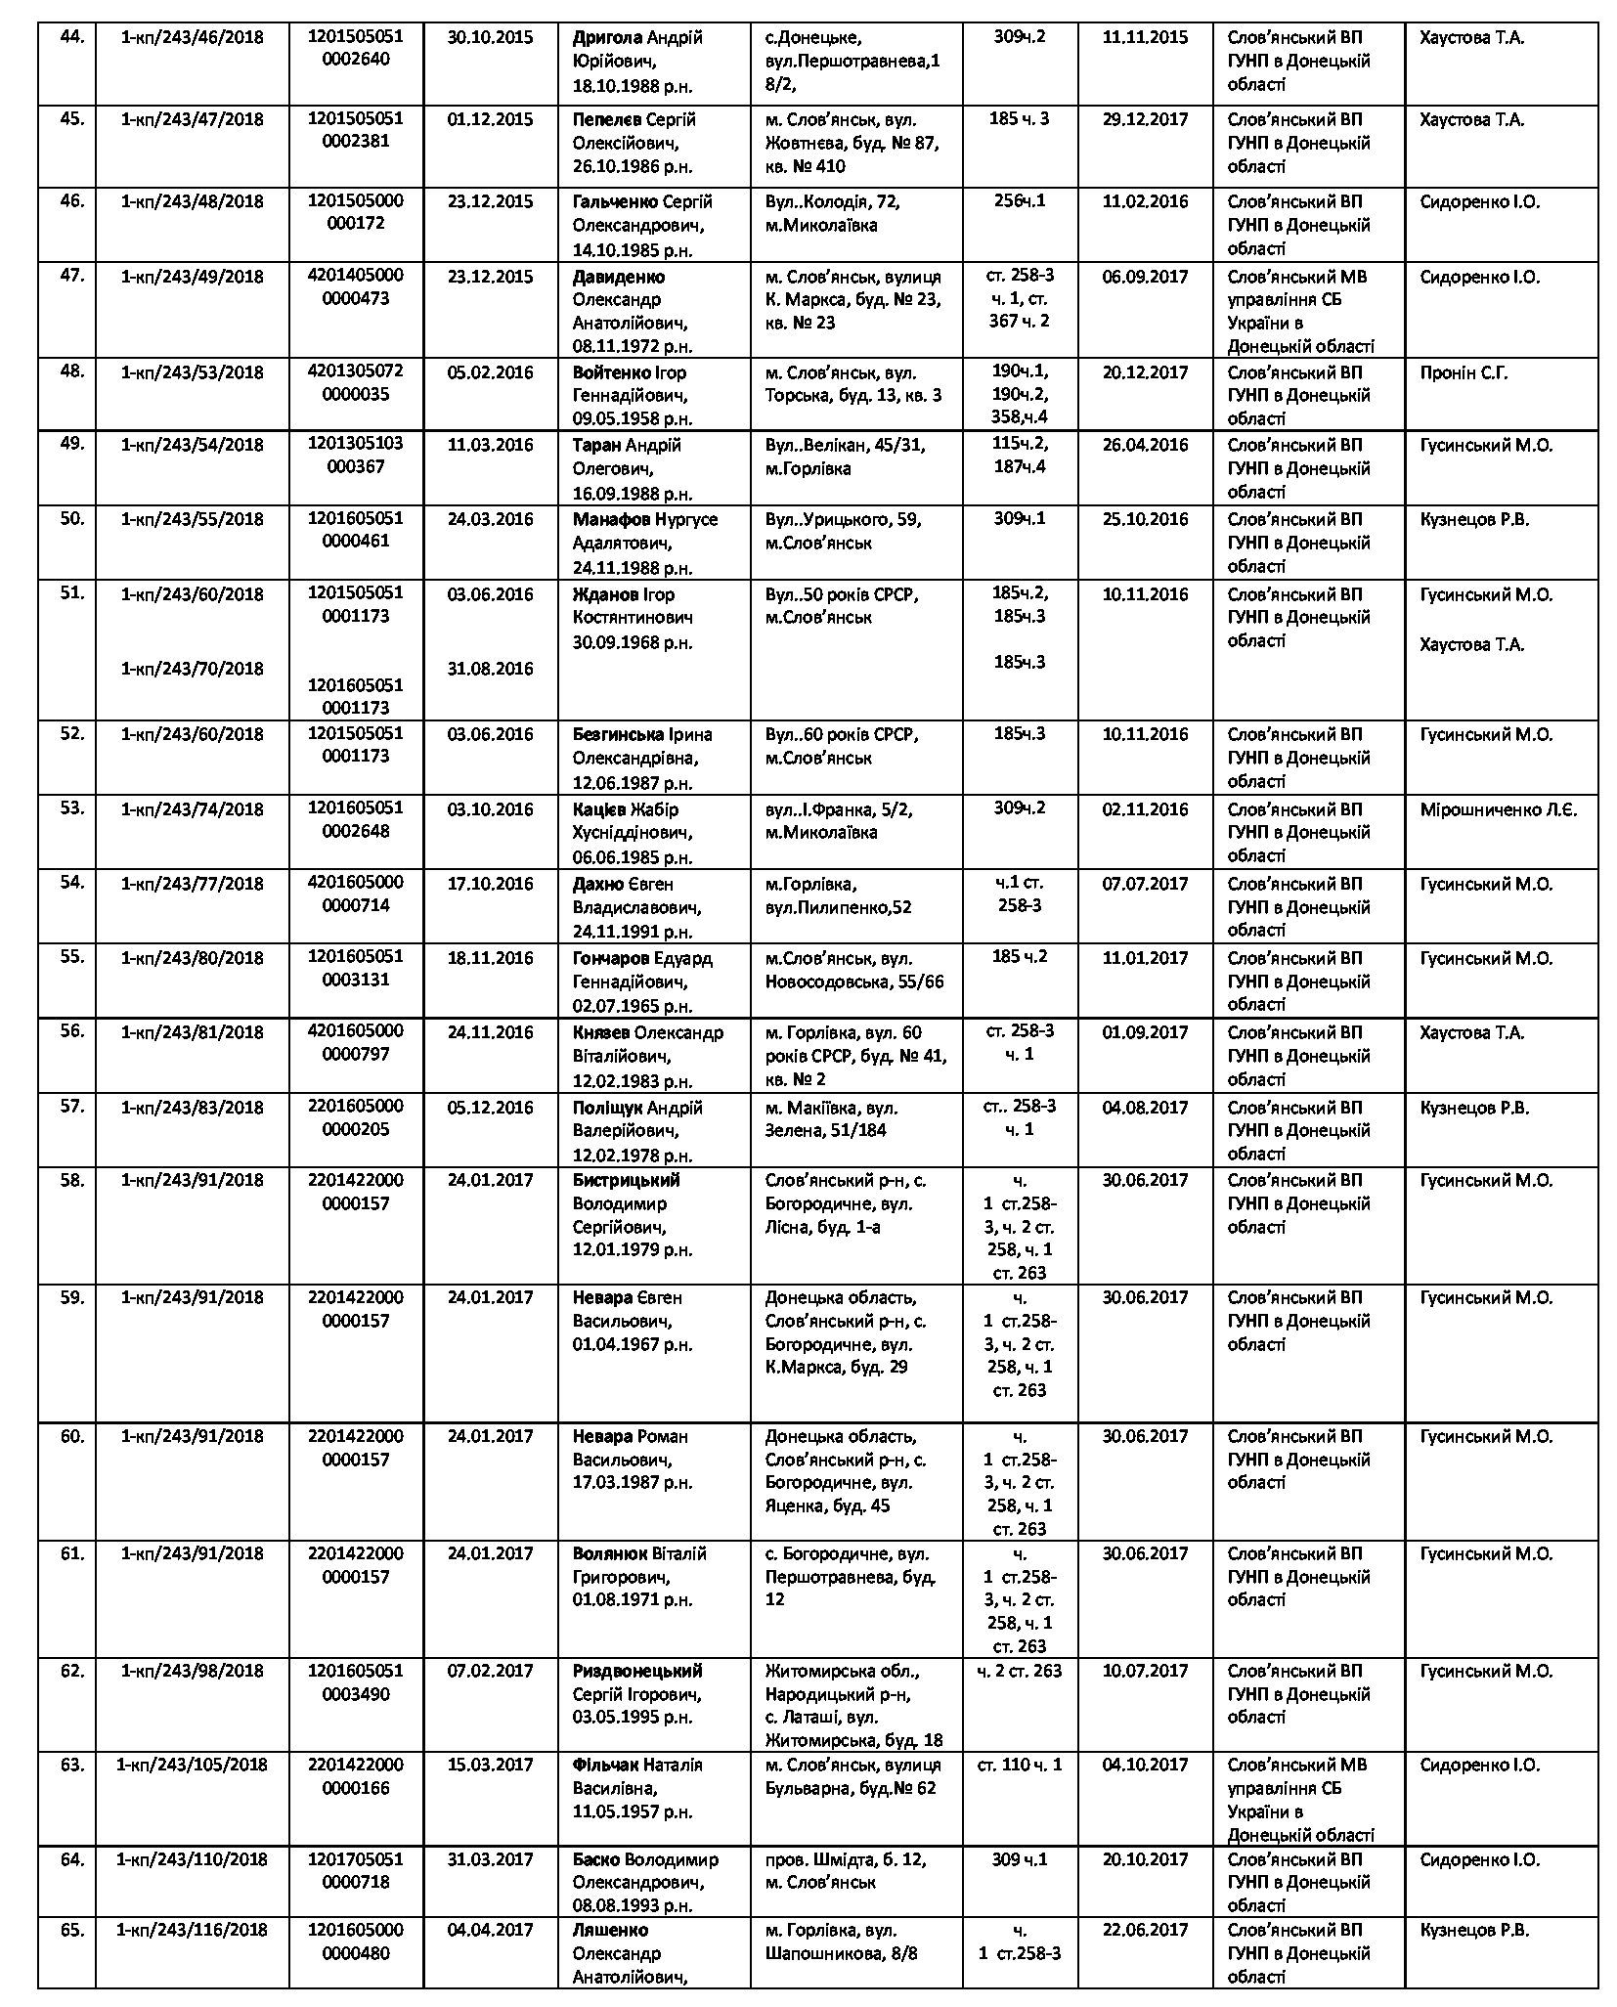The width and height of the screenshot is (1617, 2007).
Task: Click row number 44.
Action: tap(72, 37)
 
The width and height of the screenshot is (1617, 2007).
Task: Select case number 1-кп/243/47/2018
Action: tap(192, 119)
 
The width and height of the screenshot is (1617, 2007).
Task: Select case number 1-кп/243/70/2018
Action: tap(192, 669)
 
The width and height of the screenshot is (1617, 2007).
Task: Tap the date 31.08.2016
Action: tap(490, 669)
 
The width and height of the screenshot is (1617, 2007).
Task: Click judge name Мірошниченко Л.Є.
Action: tap(1498, 809)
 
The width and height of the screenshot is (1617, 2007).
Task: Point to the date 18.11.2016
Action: tap(490, 958)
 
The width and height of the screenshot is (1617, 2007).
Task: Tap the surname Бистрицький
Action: tap(626, 1180)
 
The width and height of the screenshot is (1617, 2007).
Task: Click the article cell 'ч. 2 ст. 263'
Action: tap(1019, 1671)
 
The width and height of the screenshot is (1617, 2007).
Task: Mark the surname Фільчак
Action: tap(605, 1765)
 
